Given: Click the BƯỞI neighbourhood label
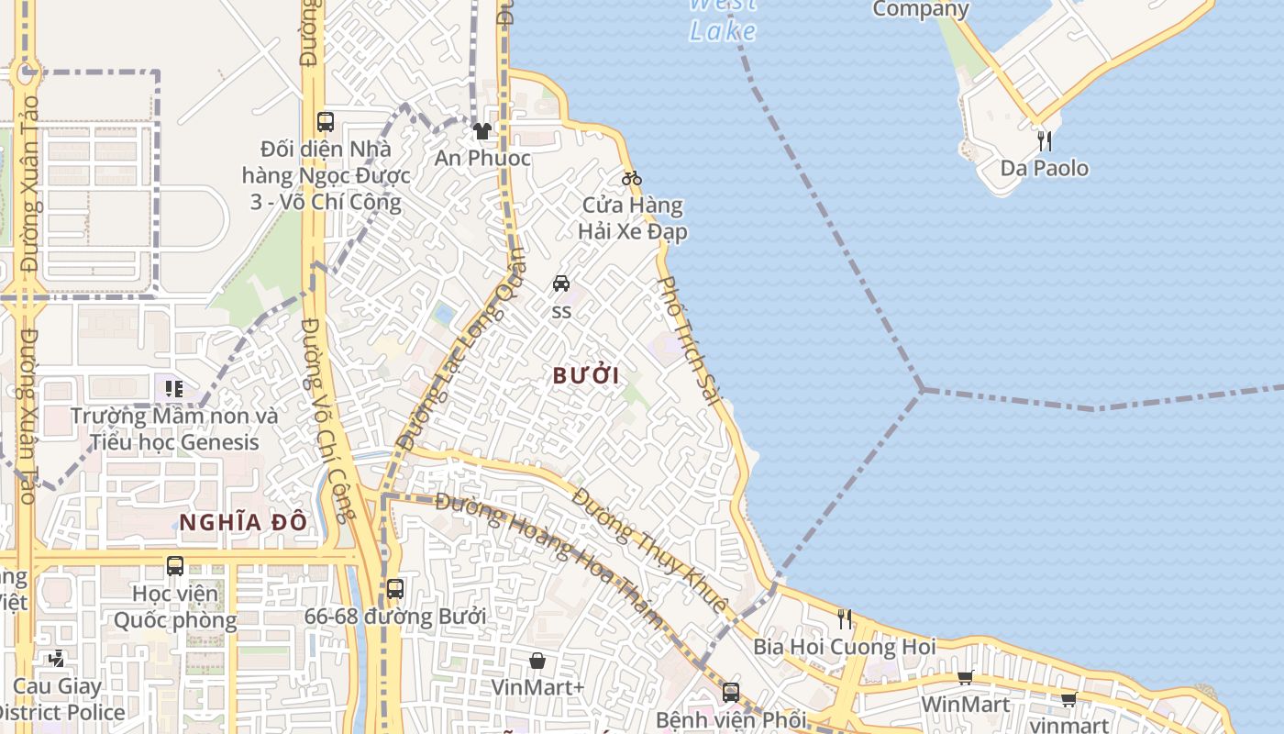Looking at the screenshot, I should click(x=586, y=375).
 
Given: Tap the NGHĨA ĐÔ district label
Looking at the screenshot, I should click(x=242, y=523).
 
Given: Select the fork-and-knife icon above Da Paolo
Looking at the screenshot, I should click(x=1044, y=140).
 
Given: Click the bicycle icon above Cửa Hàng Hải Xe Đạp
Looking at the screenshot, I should click(x=632, y=178).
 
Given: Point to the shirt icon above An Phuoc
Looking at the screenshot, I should click(x=481, y=131).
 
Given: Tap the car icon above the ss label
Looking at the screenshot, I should click(x=561, y=284).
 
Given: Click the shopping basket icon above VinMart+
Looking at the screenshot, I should click(x=537, y=661).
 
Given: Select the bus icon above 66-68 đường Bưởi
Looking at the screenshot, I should click(x=394, y=589).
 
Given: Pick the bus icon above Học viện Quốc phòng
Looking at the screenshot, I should click(x=174, y=566).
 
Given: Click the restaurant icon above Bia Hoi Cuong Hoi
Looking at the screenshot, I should click(x=845, y=619).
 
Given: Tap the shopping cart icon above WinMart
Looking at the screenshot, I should click(x=965, y=678).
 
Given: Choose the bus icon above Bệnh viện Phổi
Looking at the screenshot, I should click(x=730, y=693).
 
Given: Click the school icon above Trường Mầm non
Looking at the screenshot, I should click(x=174, y=389).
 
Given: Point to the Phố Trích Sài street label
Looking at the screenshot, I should click(x=689, y=339).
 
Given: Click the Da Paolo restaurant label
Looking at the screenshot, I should click(x=1044, y=168).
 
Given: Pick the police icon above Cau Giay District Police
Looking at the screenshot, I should click(x=57, y=659).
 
